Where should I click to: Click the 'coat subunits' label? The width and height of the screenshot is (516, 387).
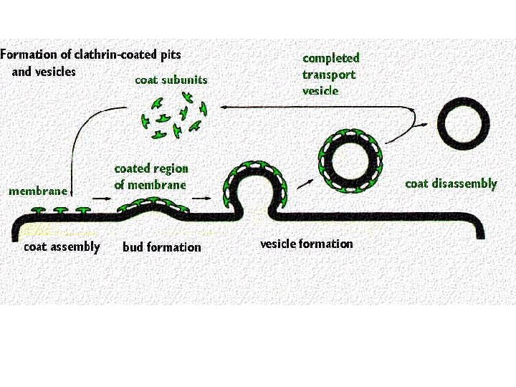171,80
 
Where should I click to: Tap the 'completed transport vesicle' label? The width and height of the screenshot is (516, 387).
330,75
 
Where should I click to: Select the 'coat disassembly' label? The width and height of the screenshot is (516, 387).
450,183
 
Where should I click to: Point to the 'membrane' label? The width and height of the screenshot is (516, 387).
37,191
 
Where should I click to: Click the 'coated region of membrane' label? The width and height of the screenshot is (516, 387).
150,176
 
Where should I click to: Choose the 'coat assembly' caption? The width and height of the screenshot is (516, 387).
62,247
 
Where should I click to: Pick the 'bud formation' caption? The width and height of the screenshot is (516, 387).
162,247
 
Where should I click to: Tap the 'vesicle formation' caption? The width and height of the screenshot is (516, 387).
306,244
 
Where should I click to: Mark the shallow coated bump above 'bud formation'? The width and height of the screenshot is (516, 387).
153,209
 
